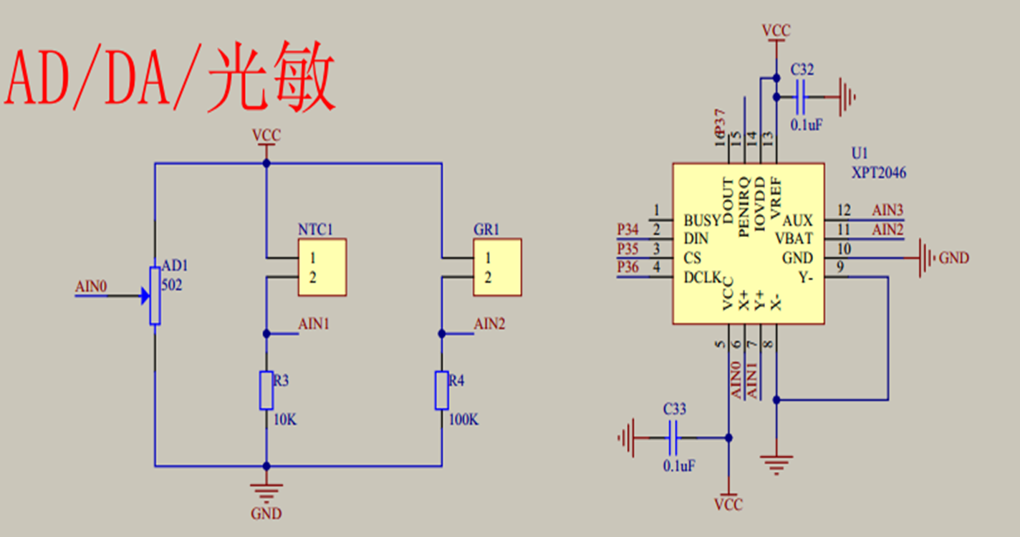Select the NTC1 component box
coord(322,268)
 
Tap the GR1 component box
coord(496,268)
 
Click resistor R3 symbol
coord(266,390)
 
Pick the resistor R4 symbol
coord(441,390)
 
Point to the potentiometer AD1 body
coord(155,295)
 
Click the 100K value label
coord(463,420)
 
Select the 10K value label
coord(285,420)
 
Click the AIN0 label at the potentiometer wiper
coord(91,287)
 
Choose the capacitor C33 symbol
coord(673,436)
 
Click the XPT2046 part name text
coord(879,173)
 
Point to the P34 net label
coord(627,230)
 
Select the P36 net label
coord(627,268)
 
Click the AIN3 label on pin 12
coord(887,211)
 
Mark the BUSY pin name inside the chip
coord(701,220)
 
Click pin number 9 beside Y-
coord(839,268)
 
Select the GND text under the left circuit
coord(266,513)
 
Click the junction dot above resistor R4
coord(441,333)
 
